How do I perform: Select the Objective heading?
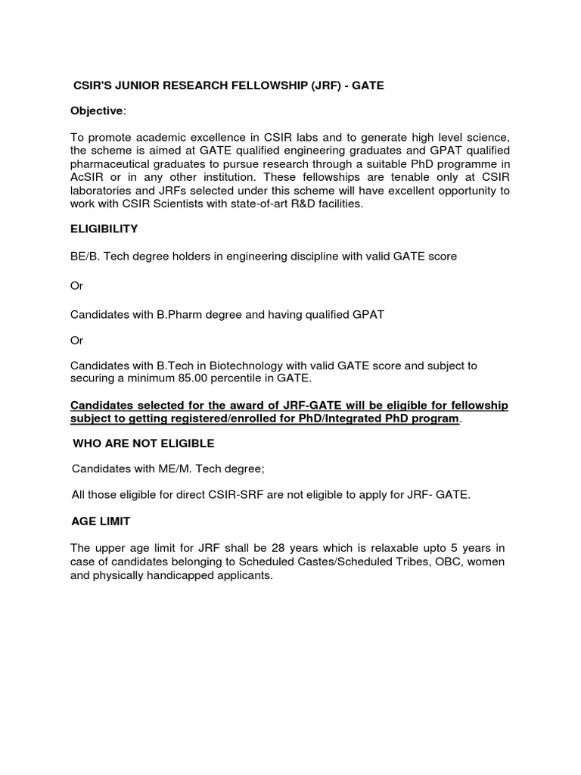[96, 111]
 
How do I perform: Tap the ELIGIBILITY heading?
[104, 229]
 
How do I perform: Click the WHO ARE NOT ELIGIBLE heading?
[143, 444]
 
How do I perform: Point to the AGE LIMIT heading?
[100, 521]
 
